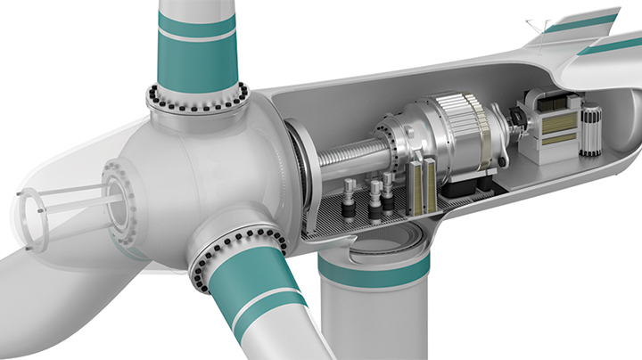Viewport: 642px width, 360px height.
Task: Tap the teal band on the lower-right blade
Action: [254, 284]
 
